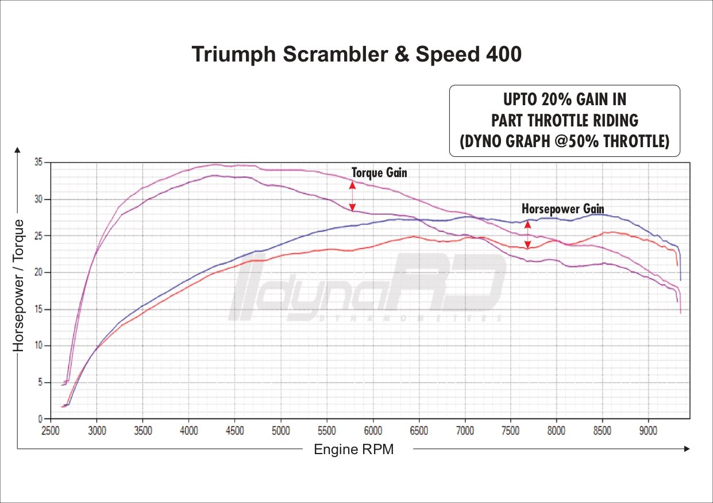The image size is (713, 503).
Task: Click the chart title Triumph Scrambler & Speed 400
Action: pyautogui.click(x=356, y=54)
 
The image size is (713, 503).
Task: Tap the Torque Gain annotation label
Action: pyautogui.click(x=379, y=172)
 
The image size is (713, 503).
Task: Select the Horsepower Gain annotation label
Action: pyautogui.click(x=562, y=209)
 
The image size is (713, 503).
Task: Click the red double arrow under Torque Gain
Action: pyautogui.click(x=352, y=196)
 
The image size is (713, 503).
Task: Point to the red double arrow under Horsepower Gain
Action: pyautogui.click(x=527, y=235)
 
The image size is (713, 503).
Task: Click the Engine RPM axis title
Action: pyautogui.click(x=353, y=450)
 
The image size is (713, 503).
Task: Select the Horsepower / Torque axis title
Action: pyautogui.click(x=19, y=286)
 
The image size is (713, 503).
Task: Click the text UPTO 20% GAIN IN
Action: pyautogui.click(x=564, y=99)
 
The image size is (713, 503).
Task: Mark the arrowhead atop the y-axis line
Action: pyautogui.click(x=18, y=151)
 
